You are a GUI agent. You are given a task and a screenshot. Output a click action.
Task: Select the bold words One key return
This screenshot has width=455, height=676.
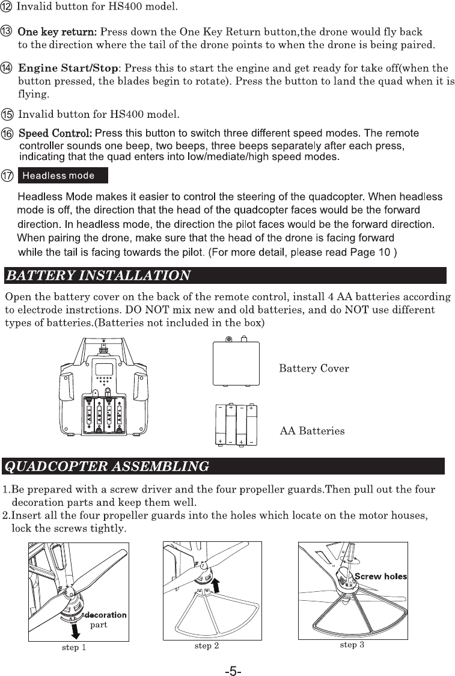[x=57, y=31]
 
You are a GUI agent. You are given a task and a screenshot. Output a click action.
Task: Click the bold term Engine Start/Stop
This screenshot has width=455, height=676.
[x=69, y=67]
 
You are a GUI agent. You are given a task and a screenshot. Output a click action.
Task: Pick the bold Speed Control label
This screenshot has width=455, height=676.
[x=56, y=132]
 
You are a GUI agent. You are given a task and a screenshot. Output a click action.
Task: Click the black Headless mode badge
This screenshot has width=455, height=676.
[x=63, y=176]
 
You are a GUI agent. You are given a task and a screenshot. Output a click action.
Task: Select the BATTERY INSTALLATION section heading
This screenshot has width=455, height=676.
[x=98, y=275]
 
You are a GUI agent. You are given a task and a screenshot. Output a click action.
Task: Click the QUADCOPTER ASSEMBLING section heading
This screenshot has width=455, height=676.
[x=107, y=466]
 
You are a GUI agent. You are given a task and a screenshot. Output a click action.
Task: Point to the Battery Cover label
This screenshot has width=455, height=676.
[x=314, y=368]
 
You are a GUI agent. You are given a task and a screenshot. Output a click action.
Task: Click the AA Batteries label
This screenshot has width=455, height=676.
[x=313, y=431]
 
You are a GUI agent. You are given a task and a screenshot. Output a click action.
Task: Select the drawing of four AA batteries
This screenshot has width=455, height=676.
[x=236, y=426]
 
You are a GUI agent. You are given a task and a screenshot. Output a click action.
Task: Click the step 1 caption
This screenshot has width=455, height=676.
[x=74, y=648]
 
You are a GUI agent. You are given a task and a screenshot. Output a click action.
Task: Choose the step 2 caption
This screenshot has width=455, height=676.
[x=206, y=646]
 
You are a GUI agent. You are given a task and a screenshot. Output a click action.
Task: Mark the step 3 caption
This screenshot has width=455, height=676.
[x=352, y=645]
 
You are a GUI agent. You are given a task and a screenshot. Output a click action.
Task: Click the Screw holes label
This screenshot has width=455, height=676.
[x=380, y=576]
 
